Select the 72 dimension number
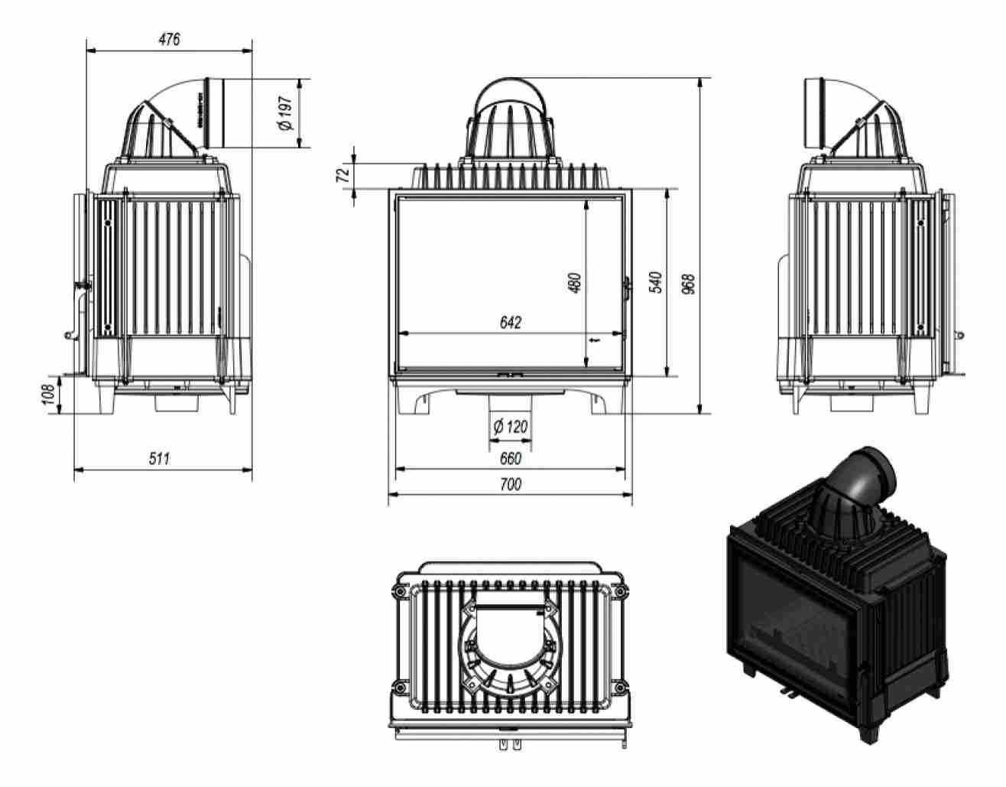(344, 174)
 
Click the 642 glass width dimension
(510, 323)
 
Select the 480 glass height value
(576, 282)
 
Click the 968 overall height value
(688, 285)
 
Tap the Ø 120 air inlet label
(511, 427)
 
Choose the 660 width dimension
(510, 459)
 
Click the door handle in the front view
(628, 287)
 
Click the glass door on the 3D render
(795, 612)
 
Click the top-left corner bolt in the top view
(398, 592)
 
